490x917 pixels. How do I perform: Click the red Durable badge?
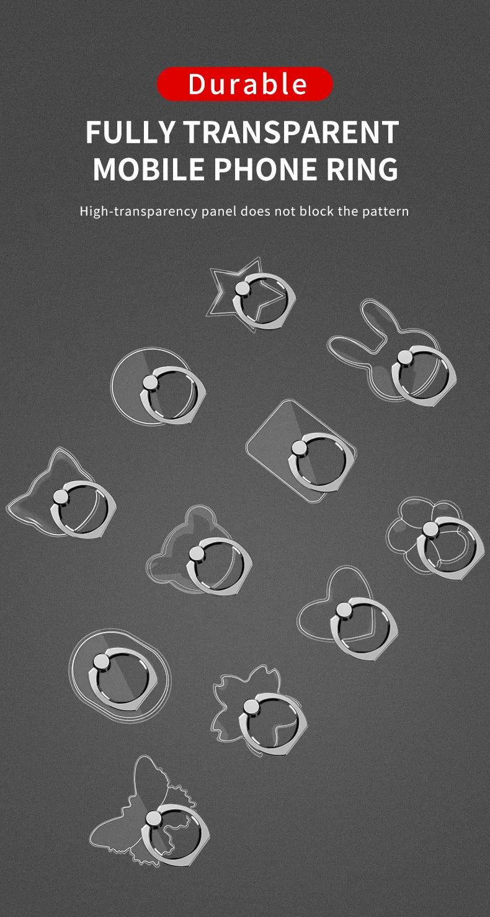[x=244, y=84]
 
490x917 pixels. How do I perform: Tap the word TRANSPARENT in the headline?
[x=291, y=132]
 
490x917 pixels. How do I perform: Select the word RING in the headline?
[x=362, y=169]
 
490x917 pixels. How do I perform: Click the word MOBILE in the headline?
[x=148, y=169]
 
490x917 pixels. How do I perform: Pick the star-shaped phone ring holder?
[x=251, y=294]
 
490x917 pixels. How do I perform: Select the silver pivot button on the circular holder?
[x=150, y=383]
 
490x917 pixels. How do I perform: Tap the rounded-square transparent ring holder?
[x=301, y=451]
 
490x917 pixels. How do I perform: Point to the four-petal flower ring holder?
[x=435, y=538]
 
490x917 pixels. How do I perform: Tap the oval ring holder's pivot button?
[x=100, y=662]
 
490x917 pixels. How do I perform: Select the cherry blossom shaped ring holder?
[x=259, y=711]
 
